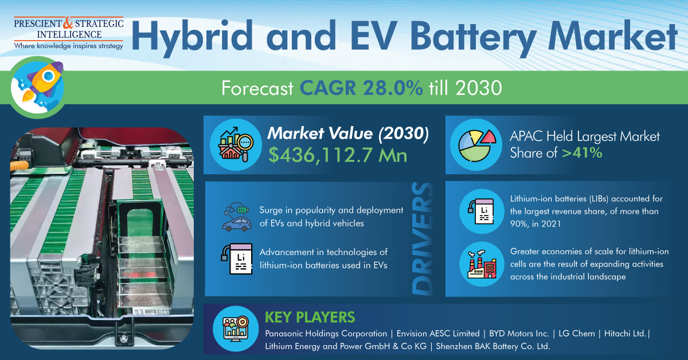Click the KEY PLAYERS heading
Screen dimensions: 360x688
310,318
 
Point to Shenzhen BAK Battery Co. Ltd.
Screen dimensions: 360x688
493,346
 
